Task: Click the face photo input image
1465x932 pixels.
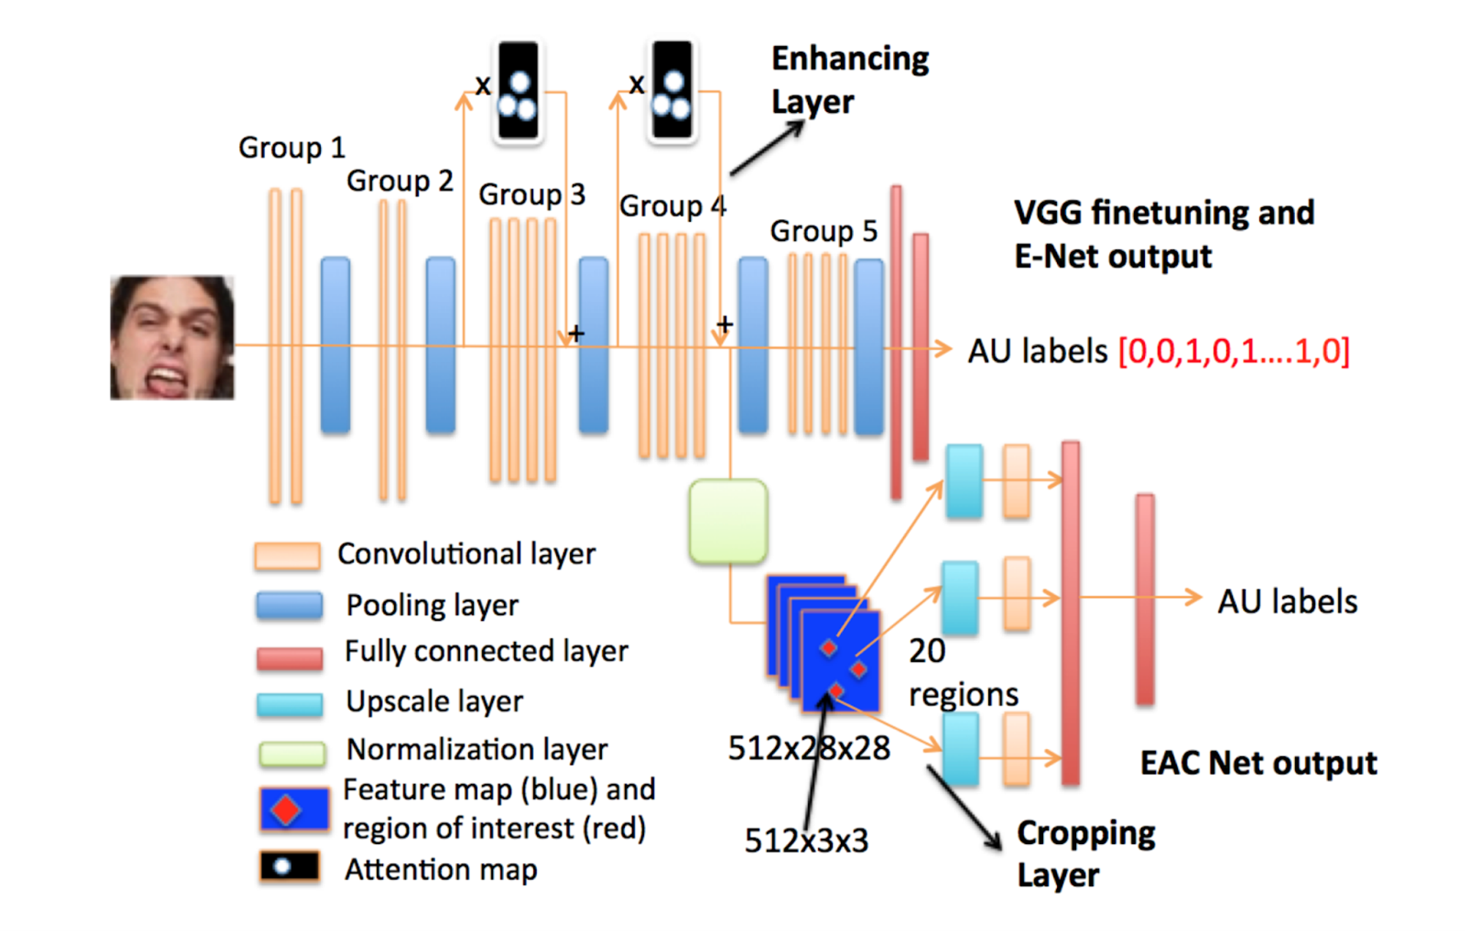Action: (172, 338)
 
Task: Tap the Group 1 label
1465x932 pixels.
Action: (291, 148)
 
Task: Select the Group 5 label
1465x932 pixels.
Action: (823, 231)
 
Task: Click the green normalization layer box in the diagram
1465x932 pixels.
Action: (728, 521)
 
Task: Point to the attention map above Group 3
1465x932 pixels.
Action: (518, 91)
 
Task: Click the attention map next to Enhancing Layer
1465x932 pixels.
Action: (672, 91)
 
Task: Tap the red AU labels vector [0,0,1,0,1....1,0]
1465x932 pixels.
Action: (1234, 351)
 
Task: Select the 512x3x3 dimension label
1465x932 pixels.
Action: (806, 840)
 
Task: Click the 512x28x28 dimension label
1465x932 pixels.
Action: (809, 748)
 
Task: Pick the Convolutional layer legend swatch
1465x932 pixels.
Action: (287, 556)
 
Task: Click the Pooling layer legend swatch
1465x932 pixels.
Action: (289, 606)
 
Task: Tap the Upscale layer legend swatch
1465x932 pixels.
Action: (289, 704)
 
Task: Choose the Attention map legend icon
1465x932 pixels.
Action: (289, 868)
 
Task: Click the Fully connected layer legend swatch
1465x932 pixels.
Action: (289, 658)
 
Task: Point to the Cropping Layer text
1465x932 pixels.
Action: (1086, 854)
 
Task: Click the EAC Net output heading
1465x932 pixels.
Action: (1258, 764)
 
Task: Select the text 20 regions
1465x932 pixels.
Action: (961, 672)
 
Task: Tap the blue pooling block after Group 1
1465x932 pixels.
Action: (335, 344)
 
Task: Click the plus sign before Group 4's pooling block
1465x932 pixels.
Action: (724, 324)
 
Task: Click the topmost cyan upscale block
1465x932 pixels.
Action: (964, 481)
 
